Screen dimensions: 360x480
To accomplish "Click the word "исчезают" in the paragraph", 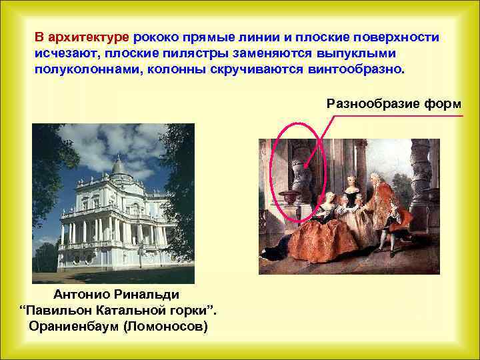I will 63,53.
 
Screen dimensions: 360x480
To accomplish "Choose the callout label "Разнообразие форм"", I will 394,103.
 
